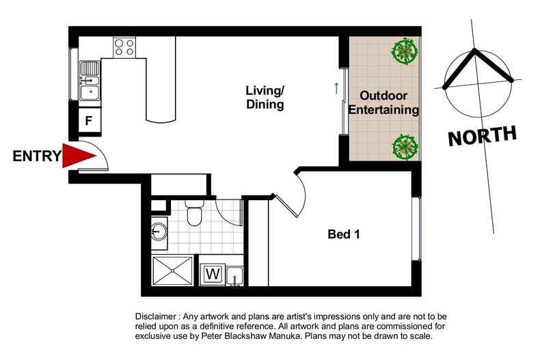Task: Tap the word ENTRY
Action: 36,156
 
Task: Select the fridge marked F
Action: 89,121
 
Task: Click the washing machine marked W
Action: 213,275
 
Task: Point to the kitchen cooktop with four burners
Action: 124,46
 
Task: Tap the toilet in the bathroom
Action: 193,217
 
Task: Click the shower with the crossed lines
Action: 172,271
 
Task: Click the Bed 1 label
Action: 344,234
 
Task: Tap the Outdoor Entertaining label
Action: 389,102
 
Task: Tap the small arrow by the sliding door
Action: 336,87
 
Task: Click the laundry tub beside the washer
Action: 234,275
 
